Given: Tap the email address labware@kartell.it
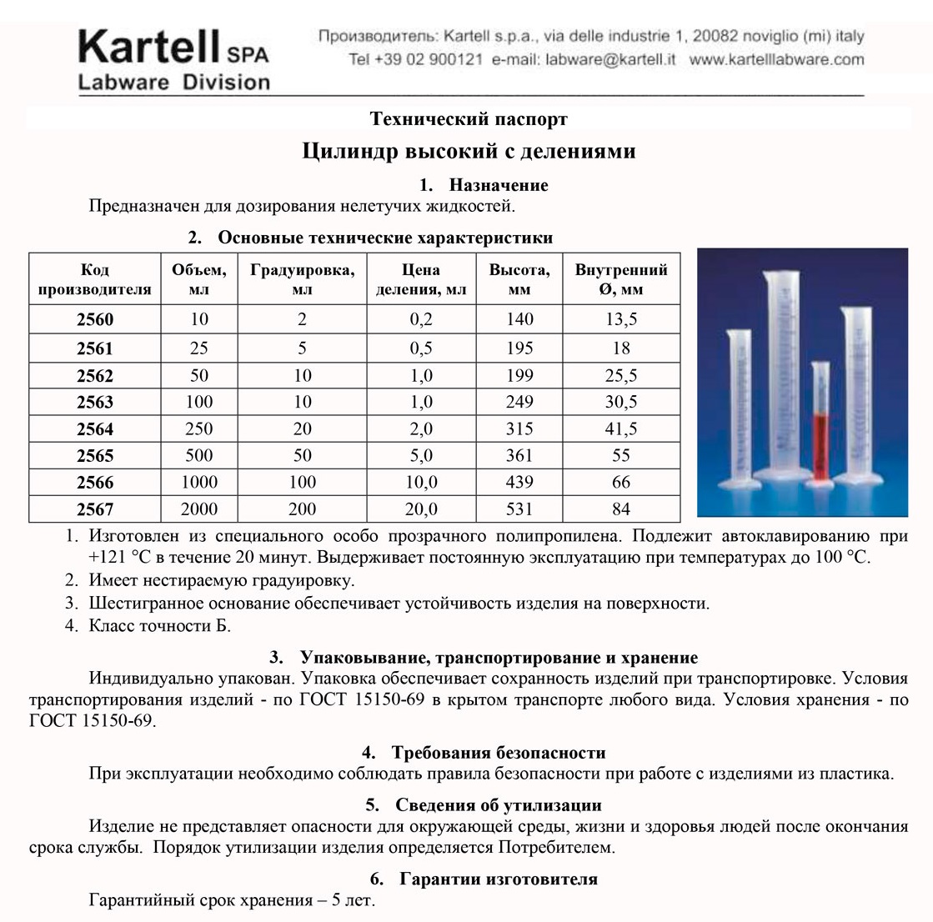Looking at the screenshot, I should [x=610, y=60].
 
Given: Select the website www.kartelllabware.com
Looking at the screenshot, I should [x=777, y=60].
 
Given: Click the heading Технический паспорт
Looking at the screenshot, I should [x=469, y=119].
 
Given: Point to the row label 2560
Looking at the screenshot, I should [x=94, y=320].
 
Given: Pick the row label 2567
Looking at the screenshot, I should [x=94, y=509].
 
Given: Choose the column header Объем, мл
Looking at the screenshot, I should [x=198, y=279].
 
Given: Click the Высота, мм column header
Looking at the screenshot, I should [x=519, y=279].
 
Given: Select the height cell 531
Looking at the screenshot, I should [x=519, y=509].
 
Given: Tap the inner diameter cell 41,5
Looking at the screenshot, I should [x=621, y=429].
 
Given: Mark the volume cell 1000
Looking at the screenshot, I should [x=198, y=483].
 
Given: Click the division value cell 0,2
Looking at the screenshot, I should [x=421, y=320].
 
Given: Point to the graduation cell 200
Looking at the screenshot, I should [x=302, y=509].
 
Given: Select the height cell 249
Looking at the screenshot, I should [x=519, y=402].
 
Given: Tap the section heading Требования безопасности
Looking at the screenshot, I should [x=498, y=753].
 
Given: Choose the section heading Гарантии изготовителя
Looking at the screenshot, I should [x=498, y=879].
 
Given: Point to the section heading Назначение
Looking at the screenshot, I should [x=498, y=185].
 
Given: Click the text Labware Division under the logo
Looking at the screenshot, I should [x=173, y=83].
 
